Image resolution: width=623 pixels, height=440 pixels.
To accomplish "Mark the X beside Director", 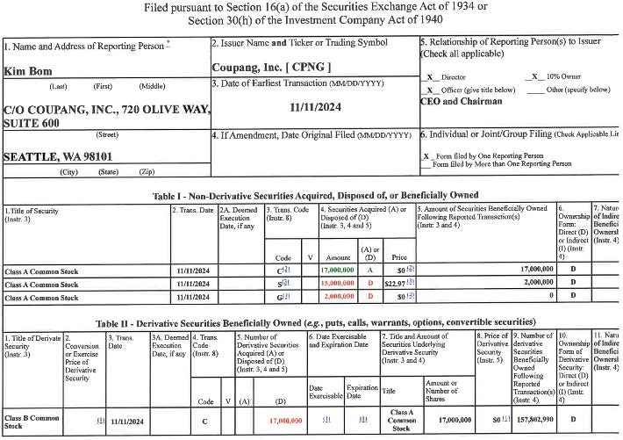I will [429, 78].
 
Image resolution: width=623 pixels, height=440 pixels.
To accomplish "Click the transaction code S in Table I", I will [280, 285].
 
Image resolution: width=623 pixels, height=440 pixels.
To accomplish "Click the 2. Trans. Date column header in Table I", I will [193, 210].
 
